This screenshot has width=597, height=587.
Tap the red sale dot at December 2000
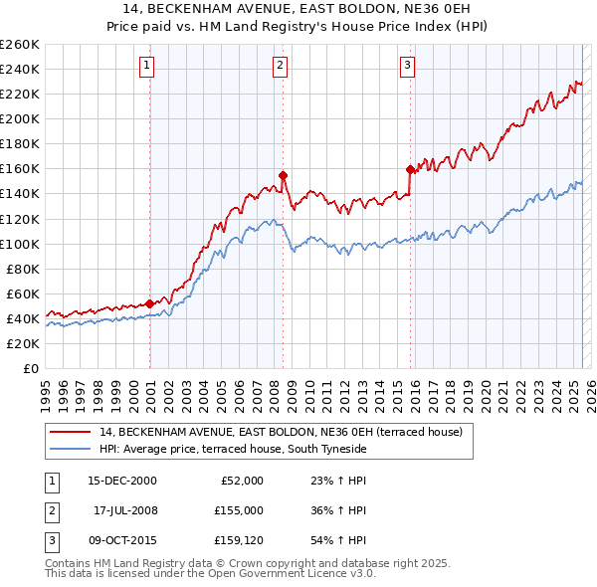tap(150, 303)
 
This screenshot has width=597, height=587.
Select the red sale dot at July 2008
tap(284, 175)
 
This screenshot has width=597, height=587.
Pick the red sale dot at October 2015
tap(410, 170)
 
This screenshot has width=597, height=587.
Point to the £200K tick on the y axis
tap(20, 118)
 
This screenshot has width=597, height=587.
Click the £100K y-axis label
tap(20, 244)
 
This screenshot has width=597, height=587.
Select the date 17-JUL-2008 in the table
tap(125, 510)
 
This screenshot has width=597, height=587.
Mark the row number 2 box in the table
tap(51, 510)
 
